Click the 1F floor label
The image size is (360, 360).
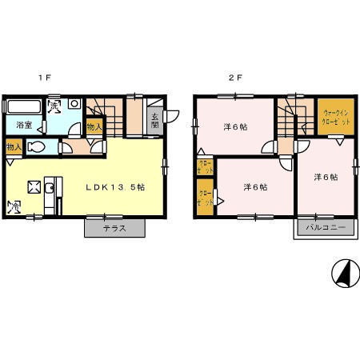[47, 78]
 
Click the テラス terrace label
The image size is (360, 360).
[115, 228]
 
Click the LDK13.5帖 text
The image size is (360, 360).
[115, 186]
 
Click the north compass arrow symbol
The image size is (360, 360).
[345, 274]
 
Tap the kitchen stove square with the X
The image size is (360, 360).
[34, 187]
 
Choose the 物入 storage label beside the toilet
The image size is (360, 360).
[13, 147]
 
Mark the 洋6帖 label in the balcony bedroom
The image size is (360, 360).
[325, 177]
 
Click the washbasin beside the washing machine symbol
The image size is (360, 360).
[73, 104]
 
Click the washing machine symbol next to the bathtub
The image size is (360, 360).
[54, 104]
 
